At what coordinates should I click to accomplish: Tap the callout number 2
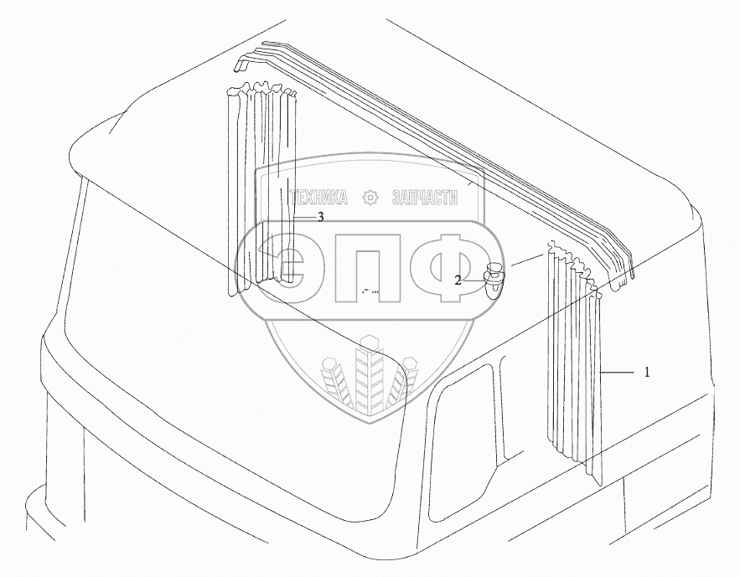(458, 281)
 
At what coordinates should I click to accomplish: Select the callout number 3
(319, 217)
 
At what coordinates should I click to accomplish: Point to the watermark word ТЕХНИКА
(318, 198)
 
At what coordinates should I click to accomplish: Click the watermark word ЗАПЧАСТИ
(425, 198)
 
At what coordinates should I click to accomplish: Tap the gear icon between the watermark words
(370, 198)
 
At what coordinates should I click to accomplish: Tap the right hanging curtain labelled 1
(574, 360)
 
